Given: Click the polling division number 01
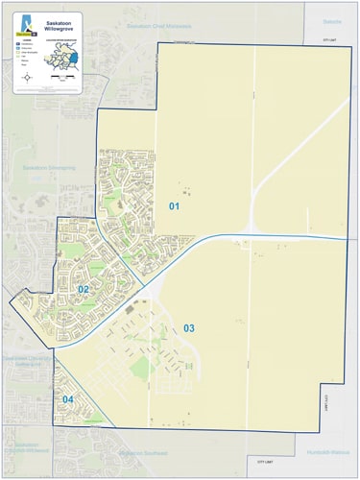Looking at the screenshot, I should point(175,206).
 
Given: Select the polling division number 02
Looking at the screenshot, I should point(84,289).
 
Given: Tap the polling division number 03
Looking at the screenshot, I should point(189,328).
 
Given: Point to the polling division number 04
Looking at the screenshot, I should point(68,399).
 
